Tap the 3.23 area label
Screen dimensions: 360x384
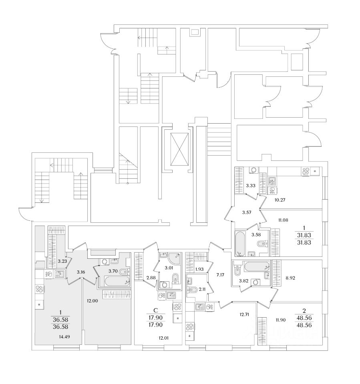click(62, 261)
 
